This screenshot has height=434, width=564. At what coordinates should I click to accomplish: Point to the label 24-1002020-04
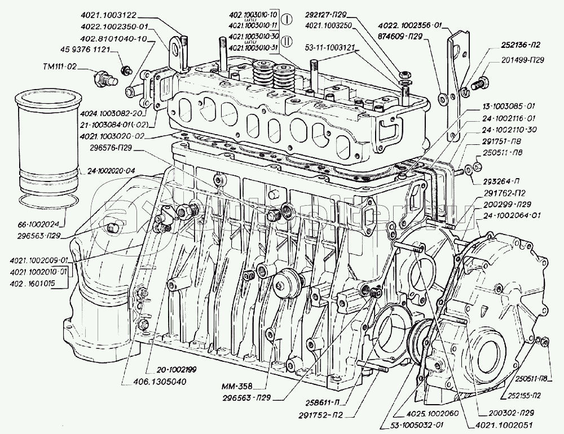pyautogui.click(x=112, y=170)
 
